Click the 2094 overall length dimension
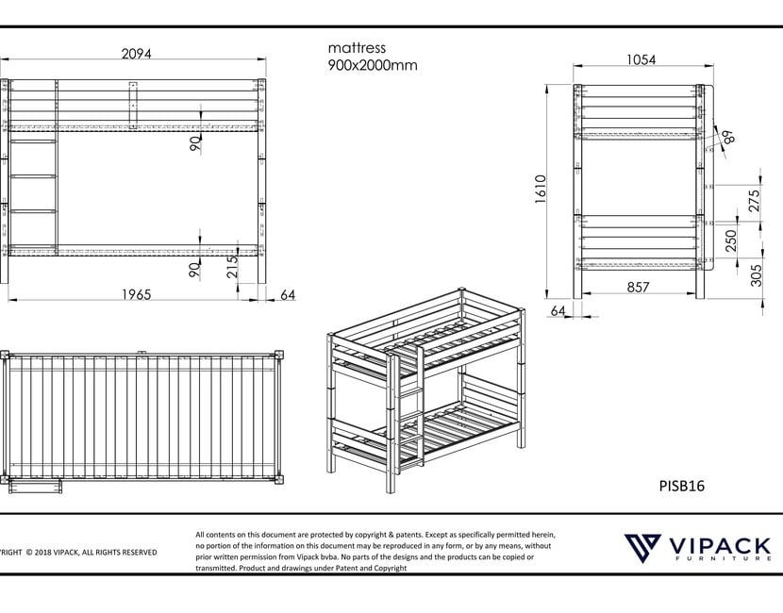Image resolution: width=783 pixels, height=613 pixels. coord(137,54)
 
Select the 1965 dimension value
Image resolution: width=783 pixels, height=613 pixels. coord(137,295)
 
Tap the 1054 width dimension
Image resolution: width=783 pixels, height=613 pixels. coord(641,59)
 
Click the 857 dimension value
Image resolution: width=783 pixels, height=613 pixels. coord(638,287)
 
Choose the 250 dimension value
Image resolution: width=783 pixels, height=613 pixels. coord(731,241)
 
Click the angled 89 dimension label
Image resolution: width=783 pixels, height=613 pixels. coord(727,137)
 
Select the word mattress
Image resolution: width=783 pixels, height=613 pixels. coord(357,47)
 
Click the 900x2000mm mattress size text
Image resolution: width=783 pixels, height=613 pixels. coord(373,65)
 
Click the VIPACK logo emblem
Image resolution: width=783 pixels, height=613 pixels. coord(643,548)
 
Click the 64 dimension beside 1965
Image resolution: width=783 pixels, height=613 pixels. coord(288,295)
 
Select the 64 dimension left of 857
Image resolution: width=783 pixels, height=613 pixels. coord(558,310)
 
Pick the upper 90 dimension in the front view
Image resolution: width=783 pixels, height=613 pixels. coord(195,142)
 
